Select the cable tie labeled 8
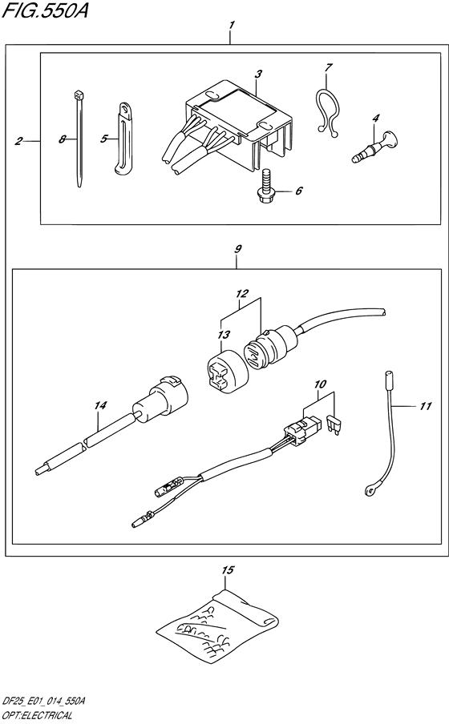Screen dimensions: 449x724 pos(79,139)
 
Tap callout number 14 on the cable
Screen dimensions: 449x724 pos(99,405)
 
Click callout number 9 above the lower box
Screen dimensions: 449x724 pos(237,249)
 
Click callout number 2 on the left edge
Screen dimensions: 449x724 pos(18,141)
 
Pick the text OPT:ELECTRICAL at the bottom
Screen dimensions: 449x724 pos(36,717)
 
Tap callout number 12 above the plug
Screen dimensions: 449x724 pos(241,293)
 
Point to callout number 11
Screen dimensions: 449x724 pos(425,406)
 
